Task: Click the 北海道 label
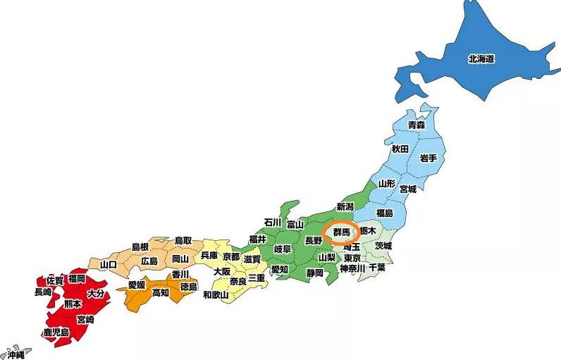481,59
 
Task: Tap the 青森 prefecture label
417,125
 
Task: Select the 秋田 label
400,149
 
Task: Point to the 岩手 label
428,156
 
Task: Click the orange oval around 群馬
341,232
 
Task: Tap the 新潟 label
345,206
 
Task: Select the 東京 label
352,258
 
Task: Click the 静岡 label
314,273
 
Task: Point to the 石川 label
273,223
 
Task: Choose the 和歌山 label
216,294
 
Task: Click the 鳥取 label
183,240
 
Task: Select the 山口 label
109,264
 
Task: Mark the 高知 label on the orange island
161,293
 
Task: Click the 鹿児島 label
56,332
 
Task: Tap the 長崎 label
42,292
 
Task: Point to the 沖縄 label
16,355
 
